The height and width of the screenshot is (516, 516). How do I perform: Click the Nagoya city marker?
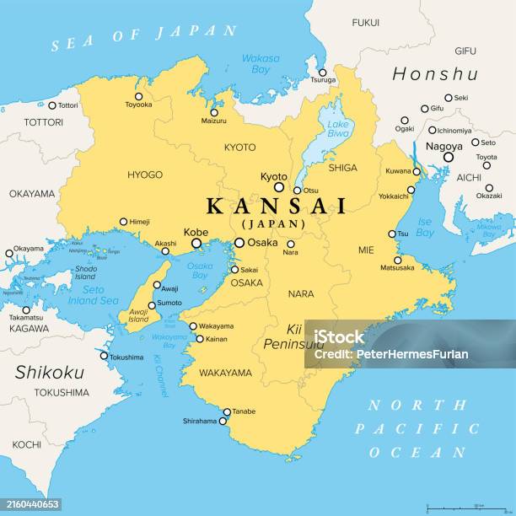tap(449, 156)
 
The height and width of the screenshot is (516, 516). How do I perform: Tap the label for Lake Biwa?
tap(338, 130)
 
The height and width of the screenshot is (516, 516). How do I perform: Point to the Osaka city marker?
tap(239, 243)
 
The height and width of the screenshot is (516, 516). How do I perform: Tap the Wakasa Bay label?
tap(261, 64)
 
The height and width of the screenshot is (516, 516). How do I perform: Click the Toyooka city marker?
tap(139, 96)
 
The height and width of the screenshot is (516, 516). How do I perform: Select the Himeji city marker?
tap(124, 222)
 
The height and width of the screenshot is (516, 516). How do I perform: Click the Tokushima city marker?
tap(105, 356)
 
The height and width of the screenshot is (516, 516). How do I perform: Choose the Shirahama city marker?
tap(223, 421)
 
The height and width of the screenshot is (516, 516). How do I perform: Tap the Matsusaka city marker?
tap(397, 260)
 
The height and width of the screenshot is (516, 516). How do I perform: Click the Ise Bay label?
tap(425, 227)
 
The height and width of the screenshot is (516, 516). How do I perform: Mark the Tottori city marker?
tap(51, 105)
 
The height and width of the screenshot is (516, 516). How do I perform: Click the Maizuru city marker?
tap(213, 112)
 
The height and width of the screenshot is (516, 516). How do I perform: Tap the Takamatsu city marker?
tap(26, 309)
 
